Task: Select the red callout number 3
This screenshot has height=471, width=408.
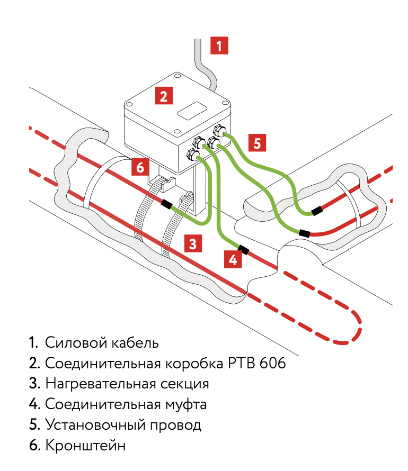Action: pyautogui.click(x=193, y=243)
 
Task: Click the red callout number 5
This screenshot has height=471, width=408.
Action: pyautogui.click(x=257, y=143)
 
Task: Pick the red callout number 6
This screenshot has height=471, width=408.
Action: pyautogui.click(x=139, y=167)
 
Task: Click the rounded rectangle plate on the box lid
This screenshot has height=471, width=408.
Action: pyautogui.click(x=191, y=110)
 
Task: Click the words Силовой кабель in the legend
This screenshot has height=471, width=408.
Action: pyautogui.click(x=102, y=342)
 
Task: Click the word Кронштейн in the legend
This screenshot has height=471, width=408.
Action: pyautogui.click(x=86, y=446)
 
